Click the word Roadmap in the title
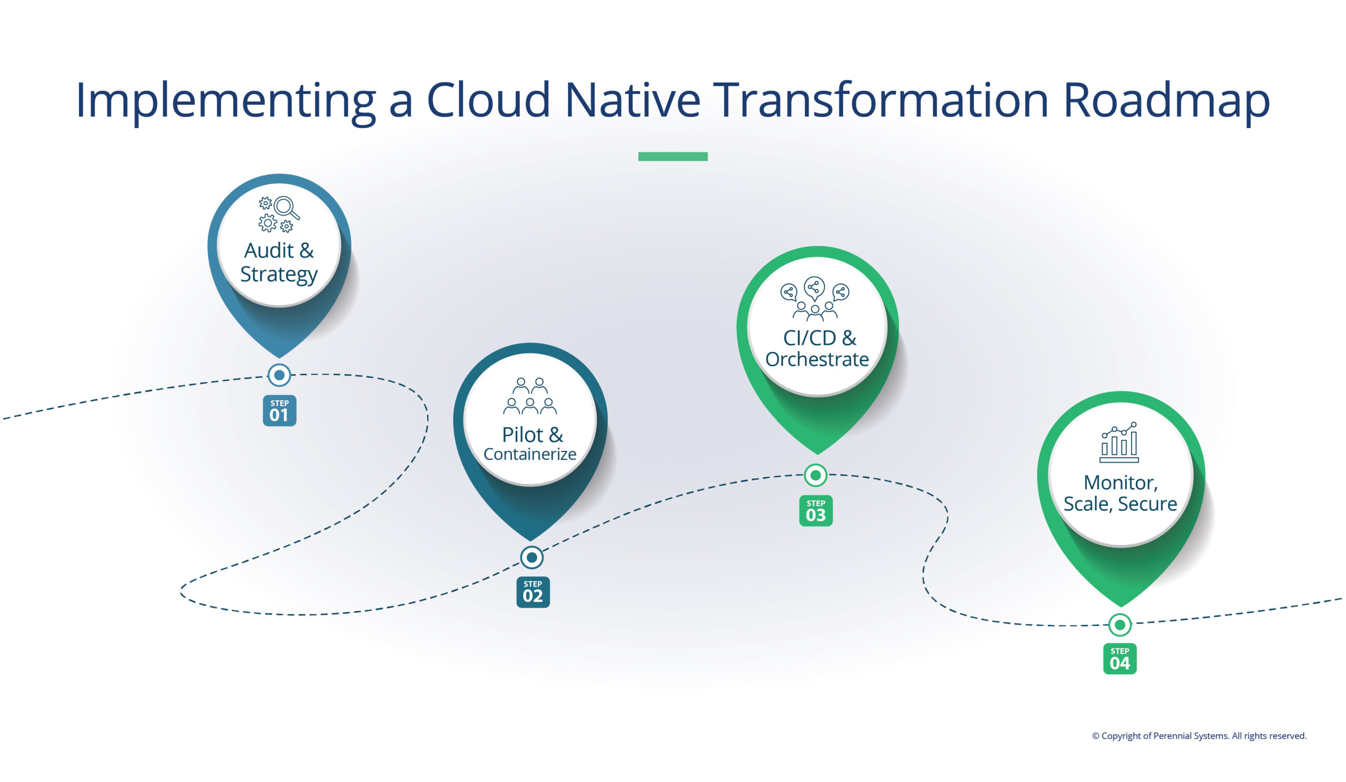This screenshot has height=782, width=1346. pyautogui.click(x=1166, y=100)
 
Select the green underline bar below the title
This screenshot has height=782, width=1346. pyautogui.click(x=672, y=157)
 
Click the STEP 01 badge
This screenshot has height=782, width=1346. pyautogui.click(x=279, y=410)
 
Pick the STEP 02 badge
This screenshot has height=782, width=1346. pyautogui.click(x=533, y=592)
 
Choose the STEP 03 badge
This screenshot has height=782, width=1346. pyautogui.click(x=815, y=511)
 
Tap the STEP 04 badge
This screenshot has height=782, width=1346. pyautogui.click(x=1119, y=658)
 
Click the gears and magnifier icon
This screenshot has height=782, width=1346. pyautogui.click(x=279, y=214)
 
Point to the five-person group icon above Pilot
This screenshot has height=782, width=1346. pyautogui.click(x=530, y=396)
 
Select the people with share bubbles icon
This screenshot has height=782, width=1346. pyautogui.click(x=814, y=299)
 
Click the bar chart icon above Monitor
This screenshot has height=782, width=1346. pyautogui.click(x=1119, y=443)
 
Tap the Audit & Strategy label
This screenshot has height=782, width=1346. pyautogui.click(x=278, y=262)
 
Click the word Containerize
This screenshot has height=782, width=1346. pyautogui.click(x=530, y=454)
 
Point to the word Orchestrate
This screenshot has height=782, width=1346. pyautogui.click(x=817, y=359)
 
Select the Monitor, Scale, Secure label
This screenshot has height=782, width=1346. pyautogui.click(x=1120, y=493)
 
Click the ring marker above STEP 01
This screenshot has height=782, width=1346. pyautogui.click(x=279, y=375)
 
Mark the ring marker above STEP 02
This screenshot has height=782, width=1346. pyautogui.click(x=532, y=557)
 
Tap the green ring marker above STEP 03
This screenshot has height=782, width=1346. pyautogui.click(x=815, y=475)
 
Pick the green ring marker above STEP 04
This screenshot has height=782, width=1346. pyautogui.click(x=1119, y=624)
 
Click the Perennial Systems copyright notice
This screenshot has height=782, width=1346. pyautogui.click(x=1199, y=736)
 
